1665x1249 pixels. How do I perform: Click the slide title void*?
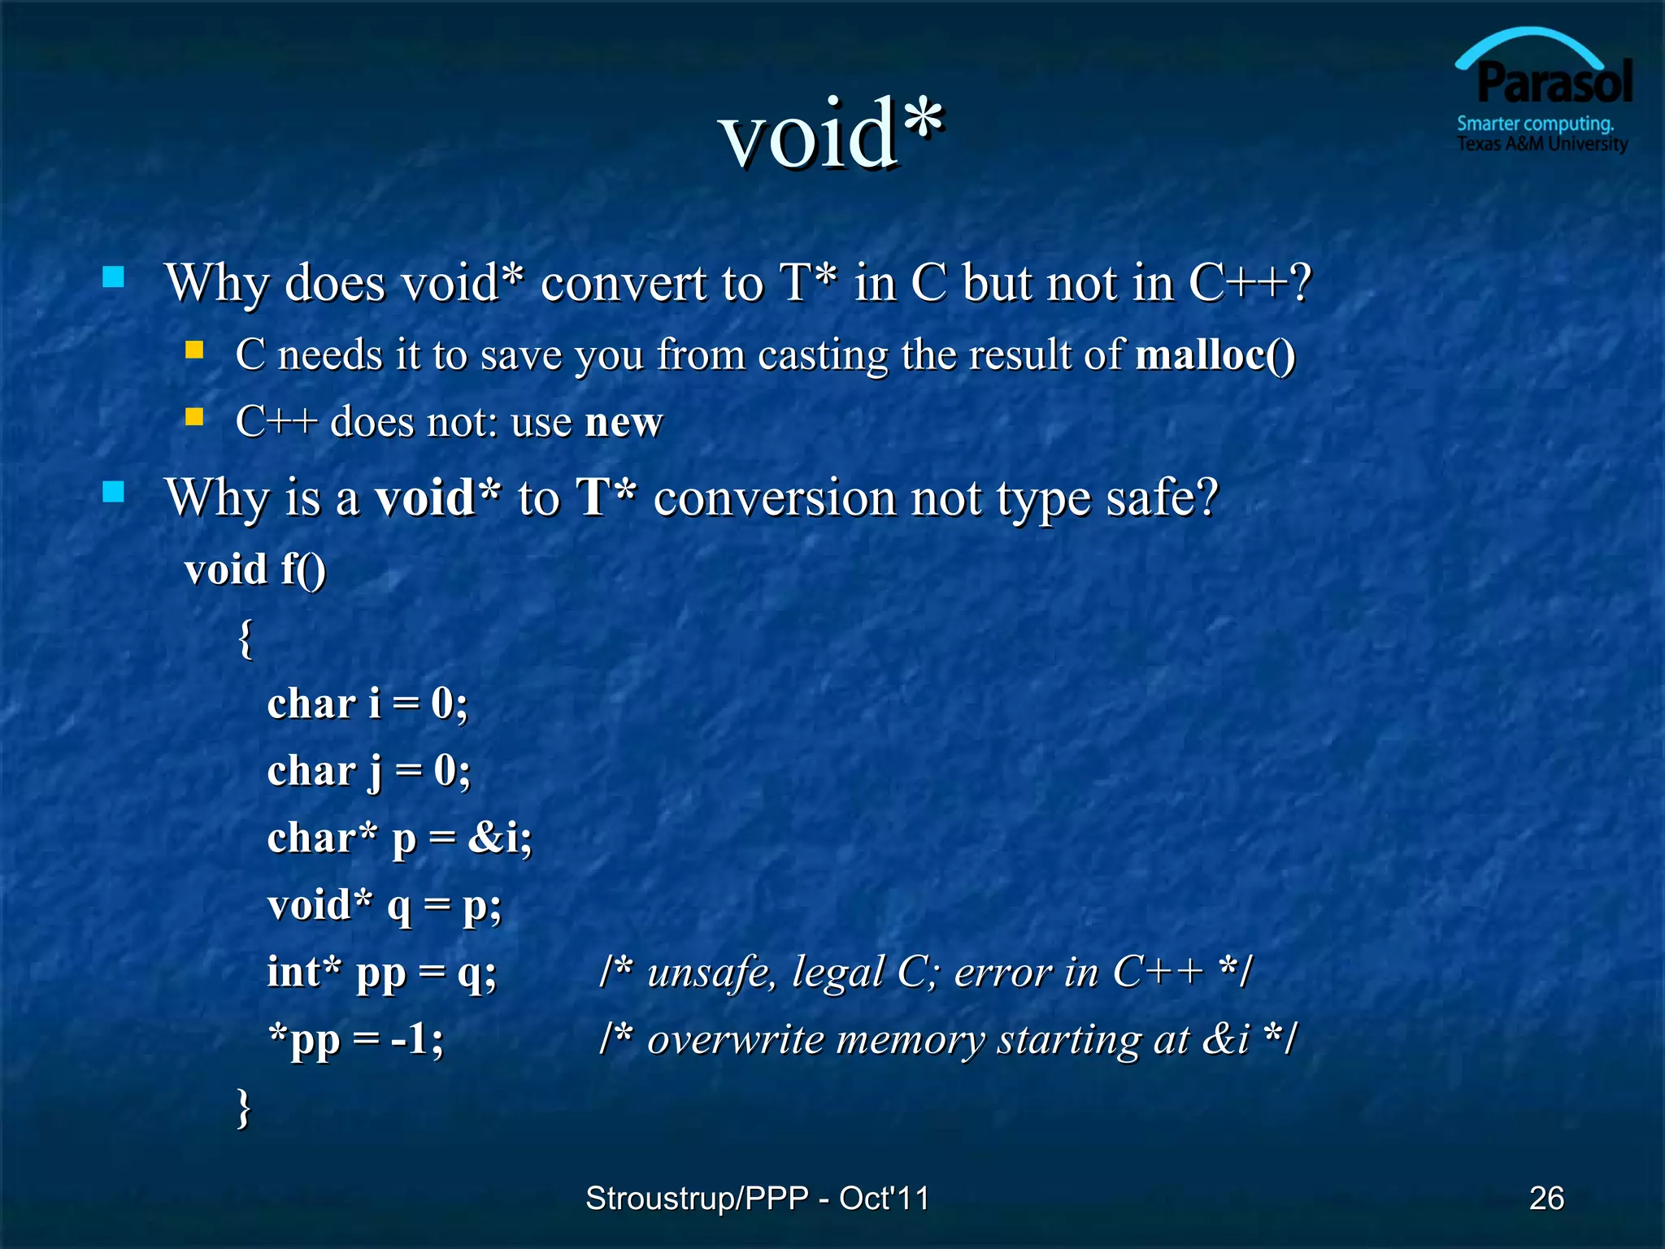coord(831,134)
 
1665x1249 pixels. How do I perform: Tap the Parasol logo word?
coord(1554,83)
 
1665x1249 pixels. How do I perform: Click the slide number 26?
coord(1546,1198)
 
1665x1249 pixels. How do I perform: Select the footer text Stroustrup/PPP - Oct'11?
coord(757,1198)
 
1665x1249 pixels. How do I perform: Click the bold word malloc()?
coord(1215,355)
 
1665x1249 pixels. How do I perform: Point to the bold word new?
coord(624,422)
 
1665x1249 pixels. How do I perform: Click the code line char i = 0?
coord(367,703)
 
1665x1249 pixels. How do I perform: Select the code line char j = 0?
coord(368,771)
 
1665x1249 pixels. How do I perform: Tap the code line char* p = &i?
coord(399,838)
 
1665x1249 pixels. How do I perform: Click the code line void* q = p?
coord(385,905)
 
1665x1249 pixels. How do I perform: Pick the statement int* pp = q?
coord(381,973)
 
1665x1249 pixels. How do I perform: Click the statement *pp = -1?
coord(356,1039)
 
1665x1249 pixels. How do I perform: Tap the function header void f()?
coord(255,569)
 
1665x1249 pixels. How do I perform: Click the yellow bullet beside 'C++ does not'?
coord(194,417)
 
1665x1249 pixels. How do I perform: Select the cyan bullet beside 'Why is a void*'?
coord(114,492)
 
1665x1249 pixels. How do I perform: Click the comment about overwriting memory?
coord(947,1039)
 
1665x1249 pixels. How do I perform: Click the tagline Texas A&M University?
coord(1541,144)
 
